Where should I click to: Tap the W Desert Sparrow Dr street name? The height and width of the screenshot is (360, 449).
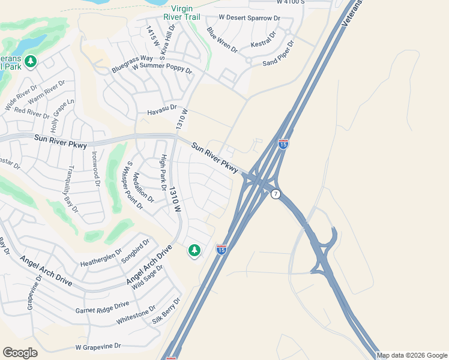pos(250,19)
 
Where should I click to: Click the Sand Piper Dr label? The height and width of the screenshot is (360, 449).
pos(279,54)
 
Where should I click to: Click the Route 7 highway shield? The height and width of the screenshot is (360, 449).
pos(276,194)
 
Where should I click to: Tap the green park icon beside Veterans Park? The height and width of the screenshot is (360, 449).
pos(31,61)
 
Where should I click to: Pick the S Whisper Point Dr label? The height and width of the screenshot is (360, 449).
pos(134,185)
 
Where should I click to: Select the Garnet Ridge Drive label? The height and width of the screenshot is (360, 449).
pos(101,307)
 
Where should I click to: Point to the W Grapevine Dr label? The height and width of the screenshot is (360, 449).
pos(98,347)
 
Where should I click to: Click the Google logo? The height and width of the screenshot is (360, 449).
pos(20,353)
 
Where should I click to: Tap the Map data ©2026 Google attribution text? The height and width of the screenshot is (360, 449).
pos(412,355)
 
